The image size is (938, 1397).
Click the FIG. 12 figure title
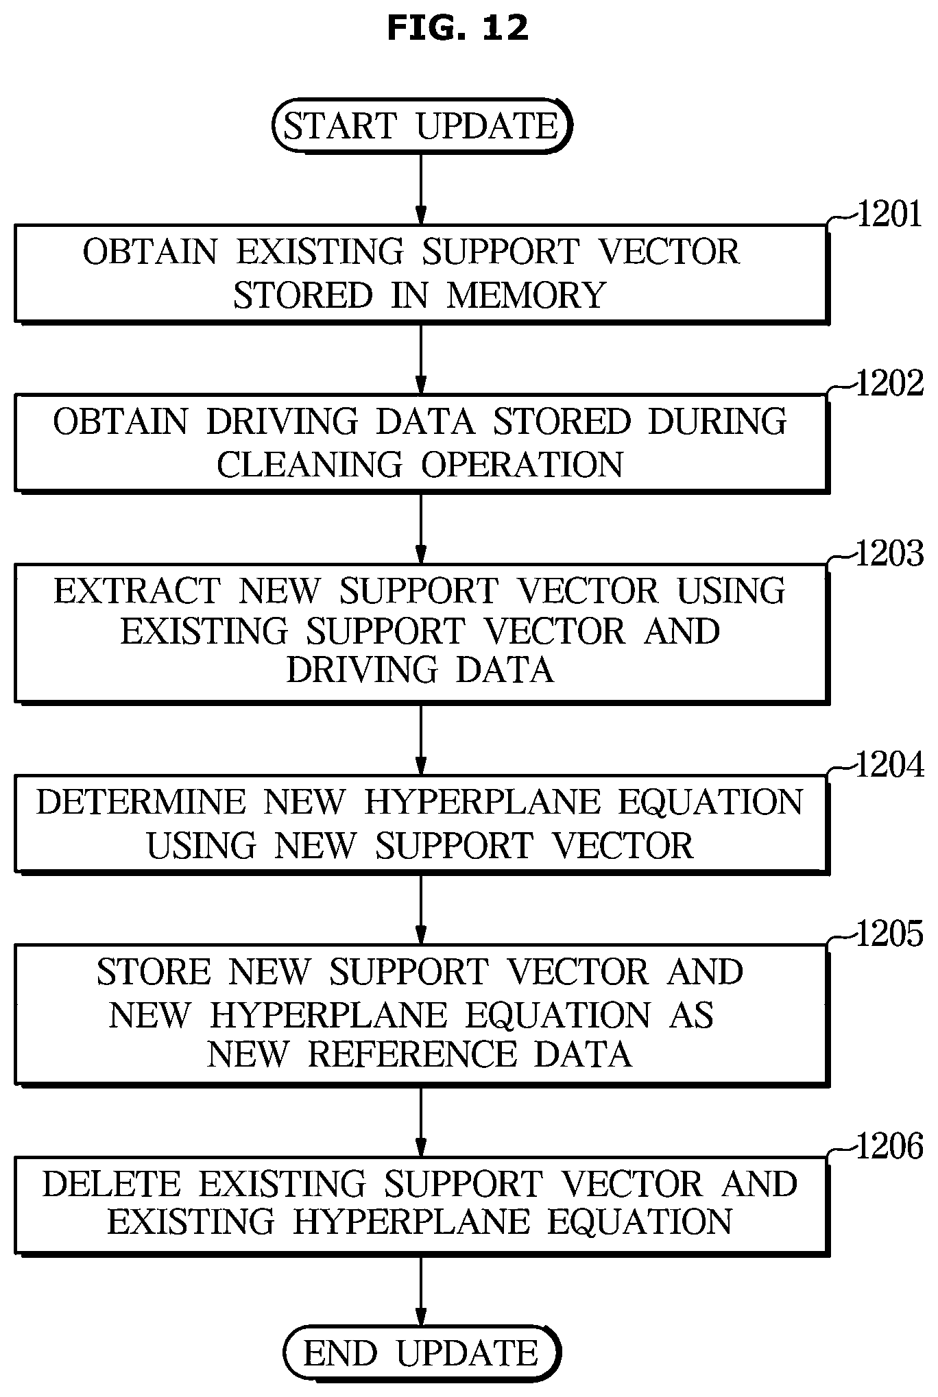[x=457, y=28]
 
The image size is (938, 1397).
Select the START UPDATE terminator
[x=422, y=125]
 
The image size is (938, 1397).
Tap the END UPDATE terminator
[x=422, y=1353]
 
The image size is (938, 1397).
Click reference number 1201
[x=889, y=215]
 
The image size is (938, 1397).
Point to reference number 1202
[x=890, y=384]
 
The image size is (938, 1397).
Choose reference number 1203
[x=890, y=554]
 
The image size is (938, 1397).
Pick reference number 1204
[x=890, y=765]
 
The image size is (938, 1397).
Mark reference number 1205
[x=890, y=934]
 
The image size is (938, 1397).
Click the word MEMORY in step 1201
[x=527, y=295]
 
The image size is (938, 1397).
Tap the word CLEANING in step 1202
[x=310, y=465]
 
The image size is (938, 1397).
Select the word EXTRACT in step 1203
[x=137, y=592]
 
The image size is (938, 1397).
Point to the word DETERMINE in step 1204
[x=141, y=803]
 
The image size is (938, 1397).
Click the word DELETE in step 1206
[x=112, y=1185]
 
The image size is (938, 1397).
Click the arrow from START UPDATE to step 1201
[x=421, y=189]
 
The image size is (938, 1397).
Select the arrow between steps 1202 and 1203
[x=421, y=527]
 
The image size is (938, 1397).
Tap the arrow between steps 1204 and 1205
[x=421, y=908]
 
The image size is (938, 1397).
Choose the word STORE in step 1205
[x=154, y=973]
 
